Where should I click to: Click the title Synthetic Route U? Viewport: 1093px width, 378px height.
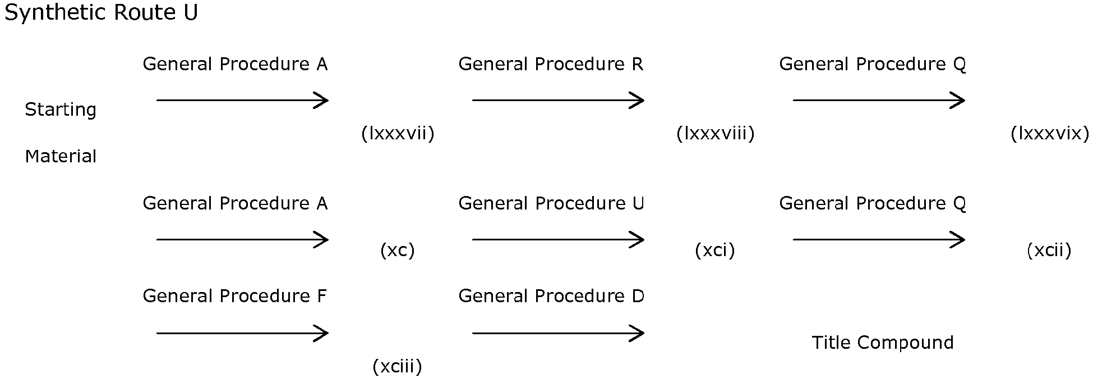(x=101, y=13)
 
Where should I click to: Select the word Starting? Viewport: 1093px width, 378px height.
(x=61, y=110)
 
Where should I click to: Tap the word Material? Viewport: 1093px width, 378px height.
(x=61, y=156)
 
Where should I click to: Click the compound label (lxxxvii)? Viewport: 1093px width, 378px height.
(x=398, y=134)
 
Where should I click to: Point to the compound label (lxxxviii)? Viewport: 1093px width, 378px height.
(x=715, y=134)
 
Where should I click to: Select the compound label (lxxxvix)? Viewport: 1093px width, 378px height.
(x=1049, y=134)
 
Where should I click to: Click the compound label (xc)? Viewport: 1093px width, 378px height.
(x=398, y=250)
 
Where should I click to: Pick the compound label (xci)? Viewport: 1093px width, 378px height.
(x=714, y=250)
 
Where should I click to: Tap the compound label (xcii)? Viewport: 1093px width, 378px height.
(x=1049, y=250)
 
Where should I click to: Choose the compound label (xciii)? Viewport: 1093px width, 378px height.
(x=397, y=367)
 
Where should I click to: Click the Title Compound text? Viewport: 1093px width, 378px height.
(x=883, y=343)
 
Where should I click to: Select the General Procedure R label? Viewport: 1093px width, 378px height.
(x=551, y=65)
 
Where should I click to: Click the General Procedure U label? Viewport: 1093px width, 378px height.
(x=551, y=203)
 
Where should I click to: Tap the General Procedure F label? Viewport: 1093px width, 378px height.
(x=234, y=296)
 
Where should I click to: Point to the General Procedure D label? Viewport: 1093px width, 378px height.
(x=551, y=296)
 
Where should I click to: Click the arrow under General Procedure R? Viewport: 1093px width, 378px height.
(x=558, y=101)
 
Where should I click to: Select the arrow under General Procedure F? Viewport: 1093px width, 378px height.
(x=242, y=333)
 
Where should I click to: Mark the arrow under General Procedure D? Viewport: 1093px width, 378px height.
(x=558, y=333)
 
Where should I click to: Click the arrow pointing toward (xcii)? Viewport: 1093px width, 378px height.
(x=879, y=240)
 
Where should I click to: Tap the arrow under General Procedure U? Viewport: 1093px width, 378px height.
(x=558, y=240)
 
